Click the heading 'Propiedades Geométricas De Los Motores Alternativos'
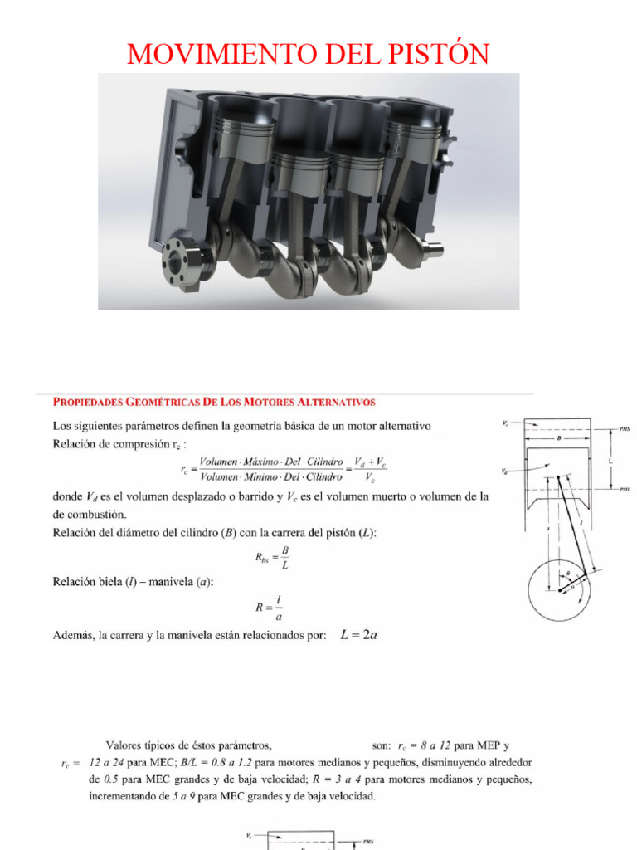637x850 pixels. (214, 402)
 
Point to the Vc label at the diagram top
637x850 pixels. (505, 423)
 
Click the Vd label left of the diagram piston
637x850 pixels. (505, 471)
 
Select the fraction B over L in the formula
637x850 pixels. (284, 559)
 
